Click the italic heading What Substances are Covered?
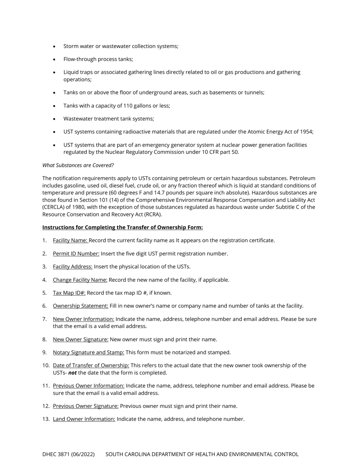tap(78, 165)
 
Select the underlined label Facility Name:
tap(70, 240)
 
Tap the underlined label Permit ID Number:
tap(76, 253)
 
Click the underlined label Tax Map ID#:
tap(69, 293)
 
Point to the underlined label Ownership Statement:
tap(80, 306)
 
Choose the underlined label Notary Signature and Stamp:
tap(88, 352)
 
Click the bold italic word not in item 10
tap(72, 373)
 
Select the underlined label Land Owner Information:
tap(84, 419)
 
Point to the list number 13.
tap(46, 419)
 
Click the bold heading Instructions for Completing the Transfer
tap(122, 227)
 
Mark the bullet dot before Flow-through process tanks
tap(54, 59)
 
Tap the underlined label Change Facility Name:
tap(80, 280)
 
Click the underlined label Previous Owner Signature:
tap(86, 406)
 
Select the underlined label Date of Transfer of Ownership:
tap(91, 366)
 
